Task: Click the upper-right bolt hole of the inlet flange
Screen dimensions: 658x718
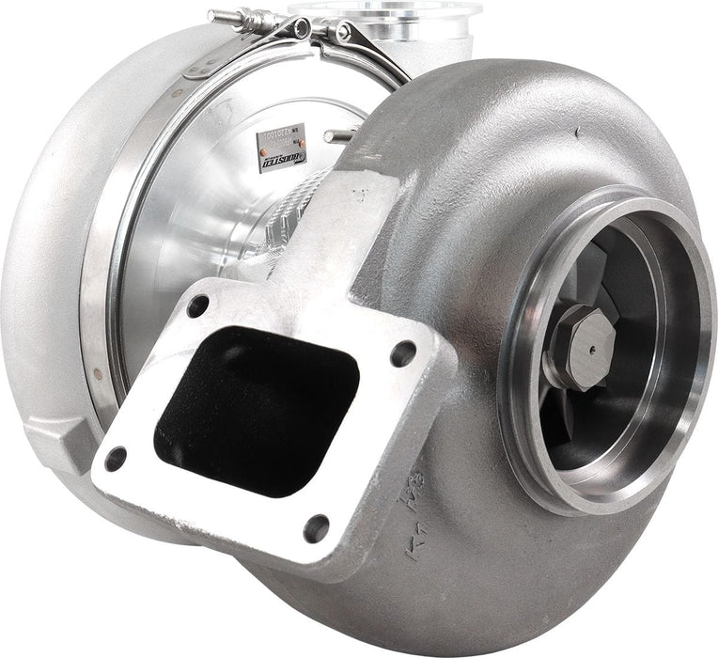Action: pos(403,354)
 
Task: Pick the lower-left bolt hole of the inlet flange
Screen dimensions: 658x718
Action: pos(116,460)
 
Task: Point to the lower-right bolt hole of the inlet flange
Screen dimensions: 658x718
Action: pos(317,528)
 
